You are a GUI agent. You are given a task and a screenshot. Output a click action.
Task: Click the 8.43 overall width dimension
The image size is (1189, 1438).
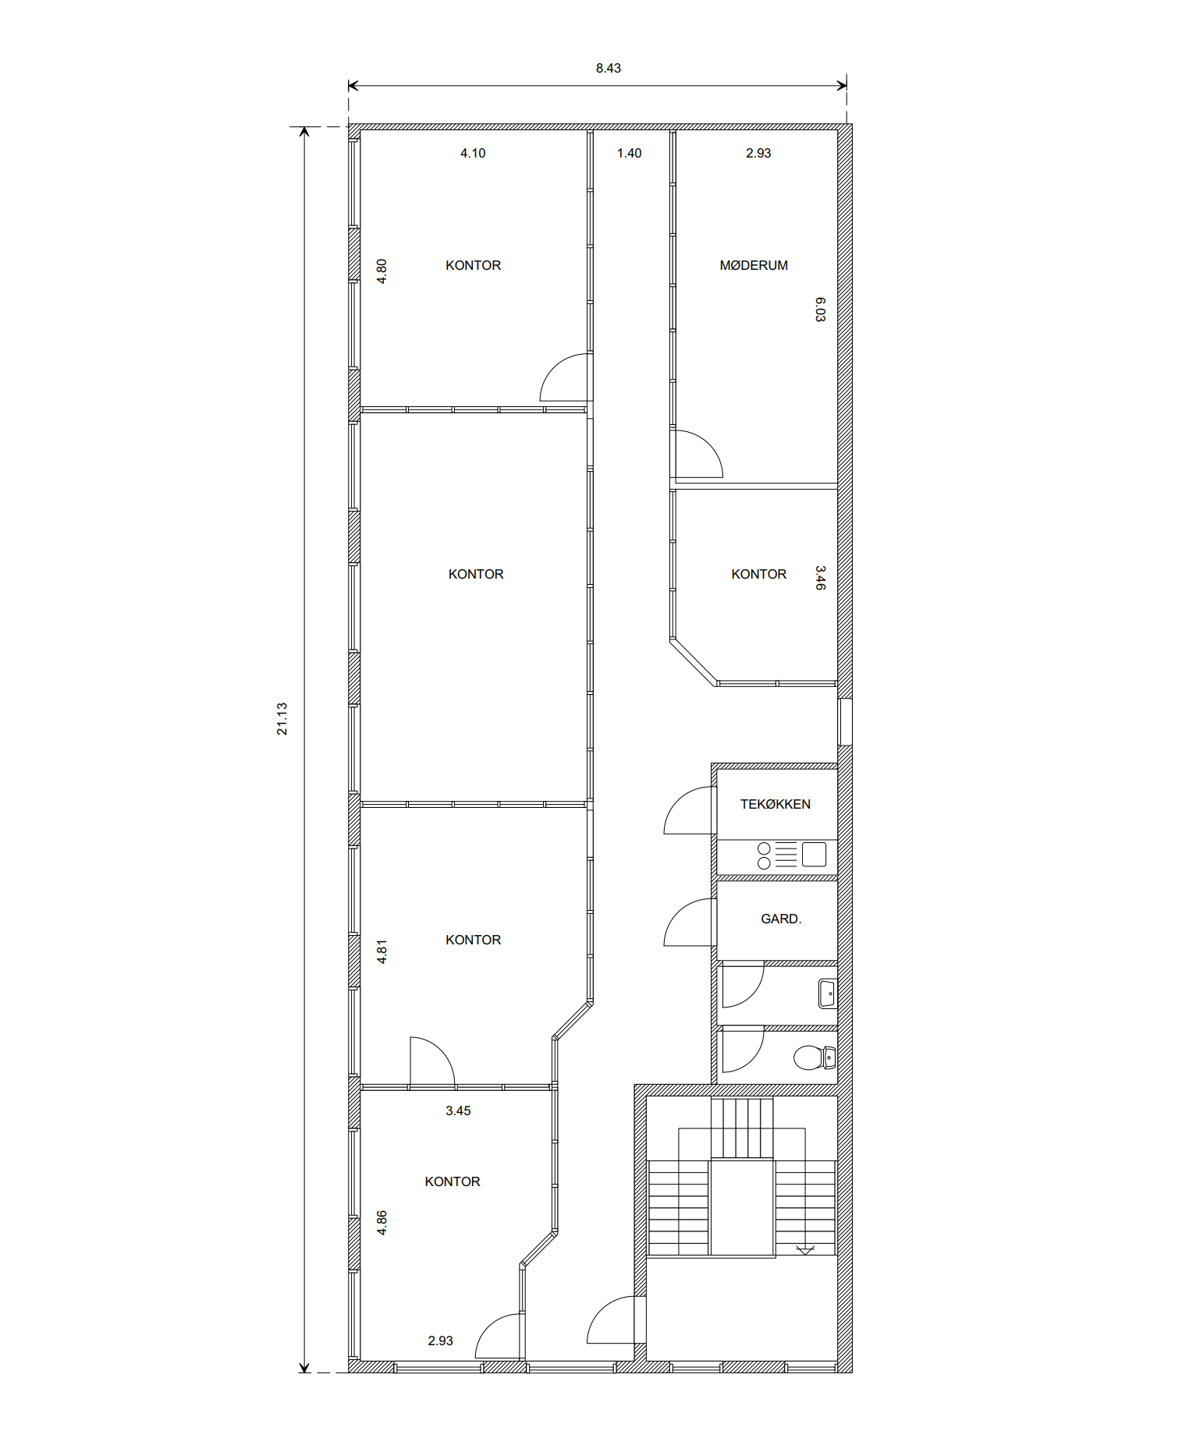608,68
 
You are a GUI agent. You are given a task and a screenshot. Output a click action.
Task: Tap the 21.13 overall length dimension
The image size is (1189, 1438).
282,718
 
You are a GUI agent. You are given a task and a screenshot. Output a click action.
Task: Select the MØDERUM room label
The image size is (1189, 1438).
754,265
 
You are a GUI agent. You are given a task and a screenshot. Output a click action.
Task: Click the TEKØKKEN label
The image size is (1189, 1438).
775,804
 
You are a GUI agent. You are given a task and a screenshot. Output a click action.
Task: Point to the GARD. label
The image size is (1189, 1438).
781,919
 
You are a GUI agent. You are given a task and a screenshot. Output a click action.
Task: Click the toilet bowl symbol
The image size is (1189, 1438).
814,1057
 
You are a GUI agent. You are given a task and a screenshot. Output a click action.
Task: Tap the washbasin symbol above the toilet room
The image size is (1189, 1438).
827,993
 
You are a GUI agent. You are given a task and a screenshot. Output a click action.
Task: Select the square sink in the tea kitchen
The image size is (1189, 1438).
814,855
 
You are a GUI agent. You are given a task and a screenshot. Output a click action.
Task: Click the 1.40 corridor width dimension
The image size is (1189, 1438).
629,153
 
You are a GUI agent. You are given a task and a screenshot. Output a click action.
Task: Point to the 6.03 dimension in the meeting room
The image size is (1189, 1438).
820,309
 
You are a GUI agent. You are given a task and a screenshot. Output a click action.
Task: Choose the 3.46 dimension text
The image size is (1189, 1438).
820,578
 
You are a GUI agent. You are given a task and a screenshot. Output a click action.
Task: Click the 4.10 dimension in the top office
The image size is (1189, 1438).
473,153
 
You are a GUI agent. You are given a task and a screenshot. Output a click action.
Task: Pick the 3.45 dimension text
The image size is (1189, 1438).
458,1110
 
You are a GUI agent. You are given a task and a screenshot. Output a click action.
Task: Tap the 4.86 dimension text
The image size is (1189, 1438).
382,1223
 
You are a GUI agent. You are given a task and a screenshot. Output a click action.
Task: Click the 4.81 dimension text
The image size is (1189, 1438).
382,952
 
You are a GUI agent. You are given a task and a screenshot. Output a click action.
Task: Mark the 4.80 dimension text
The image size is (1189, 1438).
382,271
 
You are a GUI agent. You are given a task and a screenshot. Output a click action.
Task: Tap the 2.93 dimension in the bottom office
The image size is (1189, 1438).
440,1341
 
